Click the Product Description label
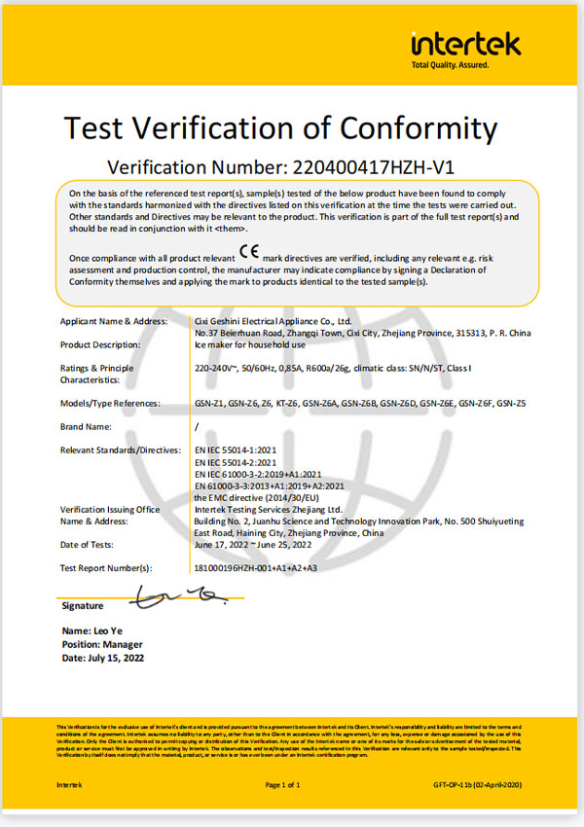click(100, 344)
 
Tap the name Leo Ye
click(91, 631)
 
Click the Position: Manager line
click(102, 645)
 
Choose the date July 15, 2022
click(102, 659)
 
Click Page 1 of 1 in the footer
click(282, 784)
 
